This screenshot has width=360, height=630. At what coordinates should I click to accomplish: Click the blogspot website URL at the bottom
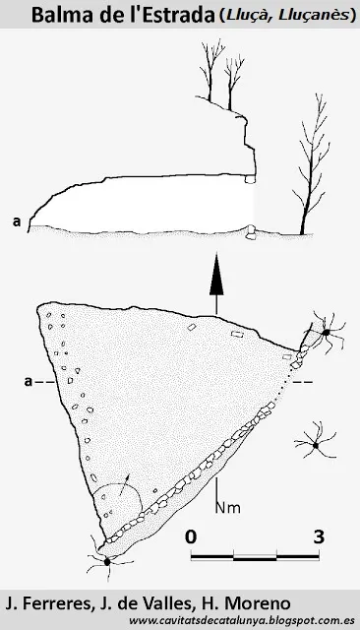tap(242, 621)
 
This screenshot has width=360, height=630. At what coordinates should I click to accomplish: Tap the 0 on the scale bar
tap(191, 536)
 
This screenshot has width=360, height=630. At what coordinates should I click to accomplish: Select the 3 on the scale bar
tap(319, 536)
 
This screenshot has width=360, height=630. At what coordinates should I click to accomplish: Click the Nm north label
tap(228, 508)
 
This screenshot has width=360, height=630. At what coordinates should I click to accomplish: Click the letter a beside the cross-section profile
tap(17, 221)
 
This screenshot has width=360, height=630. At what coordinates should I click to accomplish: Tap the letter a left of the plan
tap(28, 381)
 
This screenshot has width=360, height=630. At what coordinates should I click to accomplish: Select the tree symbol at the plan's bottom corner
tap(107, 561)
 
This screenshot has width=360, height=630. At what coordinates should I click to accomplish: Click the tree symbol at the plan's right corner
tap(326, 332)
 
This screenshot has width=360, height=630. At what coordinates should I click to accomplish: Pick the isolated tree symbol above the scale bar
tap(316, 445)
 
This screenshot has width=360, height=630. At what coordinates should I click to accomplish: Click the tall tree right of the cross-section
tap(312, 164)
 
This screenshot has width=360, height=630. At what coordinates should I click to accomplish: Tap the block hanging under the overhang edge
tap(251, 179)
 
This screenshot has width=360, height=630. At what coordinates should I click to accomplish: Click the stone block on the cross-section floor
tap(251, 232)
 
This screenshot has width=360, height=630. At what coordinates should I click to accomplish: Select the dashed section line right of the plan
tap(303, 382)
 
